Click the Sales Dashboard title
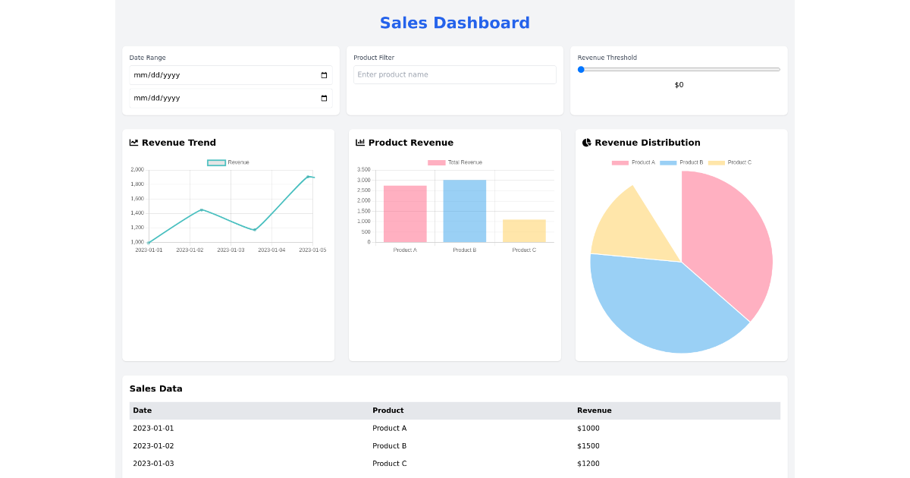454,23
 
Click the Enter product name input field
454,74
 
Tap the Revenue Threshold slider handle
581,69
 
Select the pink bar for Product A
405,214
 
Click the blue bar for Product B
464,211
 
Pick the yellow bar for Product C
524,231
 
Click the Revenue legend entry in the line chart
228,162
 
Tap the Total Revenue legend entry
455,162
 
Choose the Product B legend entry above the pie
682,162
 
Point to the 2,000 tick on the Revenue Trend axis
137,170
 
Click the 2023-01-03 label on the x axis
231,250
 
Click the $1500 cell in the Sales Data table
588,446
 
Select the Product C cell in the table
389,464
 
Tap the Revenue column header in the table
594,410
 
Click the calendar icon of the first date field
324,75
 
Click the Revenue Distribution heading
647,143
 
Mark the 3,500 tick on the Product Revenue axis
363,170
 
